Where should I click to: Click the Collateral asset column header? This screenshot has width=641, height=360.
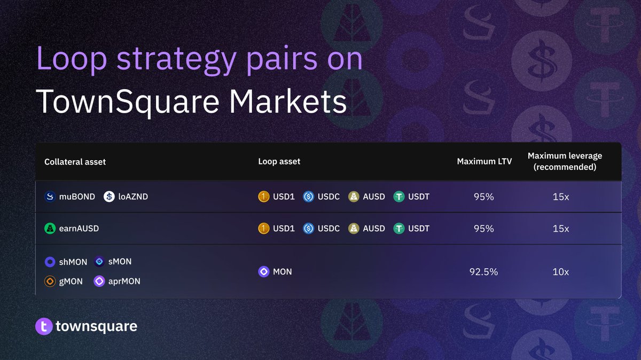75,161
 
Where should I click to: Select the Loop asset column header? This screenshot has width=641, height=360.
279,161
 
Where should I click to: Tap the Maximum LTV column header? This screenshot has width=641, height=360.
484,161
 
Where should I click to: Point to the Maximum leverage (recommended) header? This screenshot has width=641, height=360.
565,161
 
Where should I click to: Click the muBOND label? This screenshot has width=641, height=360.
77,197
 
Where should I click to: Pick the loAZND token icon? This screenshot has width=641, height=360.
109,197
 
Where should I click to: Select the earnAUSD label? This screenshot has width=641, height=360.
79,229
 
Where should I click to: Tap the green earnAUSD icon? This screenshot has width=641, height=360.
50,229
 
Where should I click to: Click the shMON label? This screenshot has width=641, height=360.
73,262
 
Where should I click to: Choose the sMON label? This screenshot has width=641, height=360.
120,262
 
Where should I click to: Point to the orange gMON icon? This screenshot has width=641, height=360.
50,281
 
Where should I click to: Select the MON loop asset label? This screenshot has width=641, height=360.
282,271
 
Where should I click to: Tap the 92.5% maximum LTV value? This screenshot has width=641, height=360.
483,271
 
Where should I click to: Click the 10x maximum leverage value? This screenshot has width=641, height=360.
561,271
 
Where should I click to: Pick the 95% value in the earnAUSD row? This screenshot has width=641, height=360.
483,229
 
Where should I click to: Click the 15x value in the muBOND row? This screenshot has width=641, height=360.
561,197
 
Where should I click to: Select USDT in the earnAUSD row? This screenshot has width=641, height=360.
419,229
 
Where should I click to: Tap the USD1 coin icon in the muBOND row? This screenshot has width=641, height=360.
263,197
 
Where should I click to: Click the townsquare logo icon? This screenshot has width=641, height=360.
44,326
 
